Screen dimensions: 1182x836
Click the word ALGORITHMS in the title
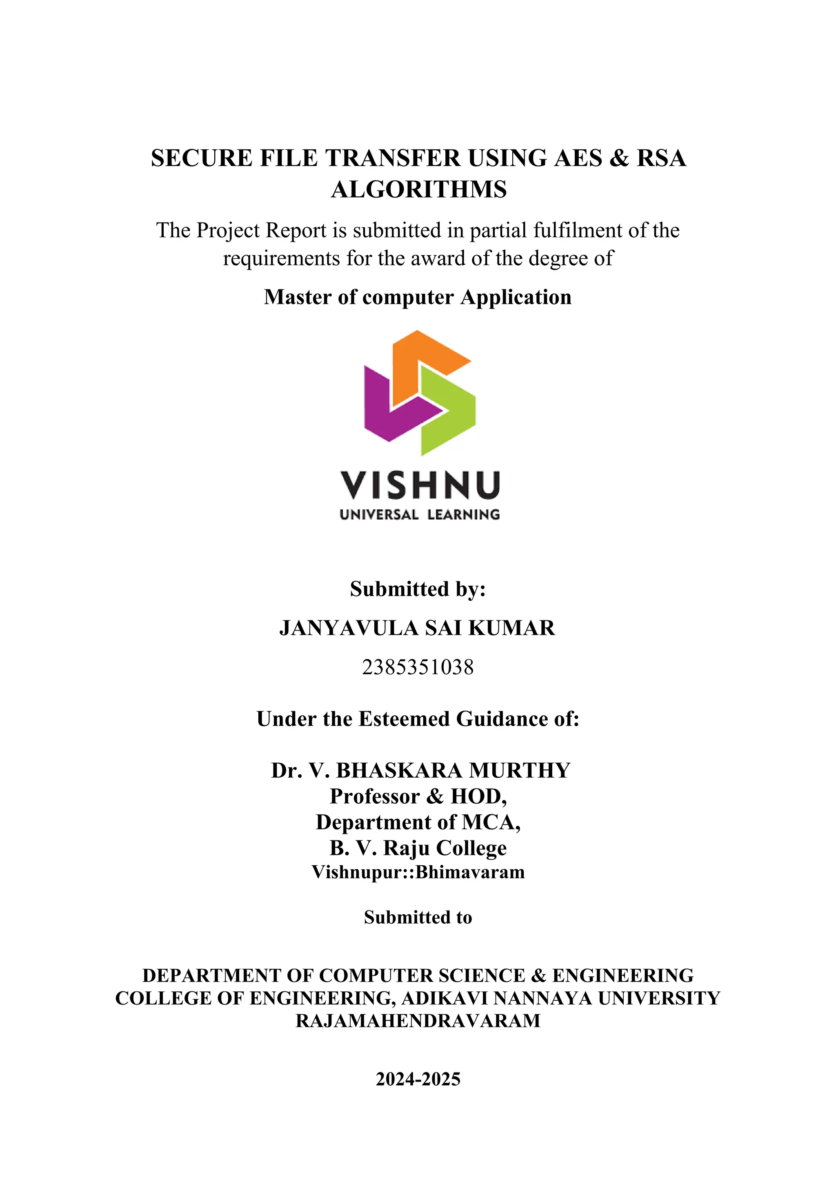click(418, 189)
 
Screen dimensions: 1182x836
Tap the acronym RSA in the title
click(661, 158)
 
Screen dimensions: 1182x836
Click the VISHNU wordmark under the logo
click(420, 485)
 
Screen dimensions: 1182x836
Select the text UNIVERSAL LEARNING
click(420, 515)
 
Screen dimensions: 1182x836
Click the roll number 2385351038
click(418, 667)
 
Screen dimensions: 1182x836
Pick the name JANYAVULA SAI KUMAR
click(417, 628)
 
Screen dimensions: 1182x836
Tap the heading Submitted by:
click(418, 589)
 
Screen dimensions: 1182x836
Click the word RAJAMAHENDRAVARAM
click(418, 1021)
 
